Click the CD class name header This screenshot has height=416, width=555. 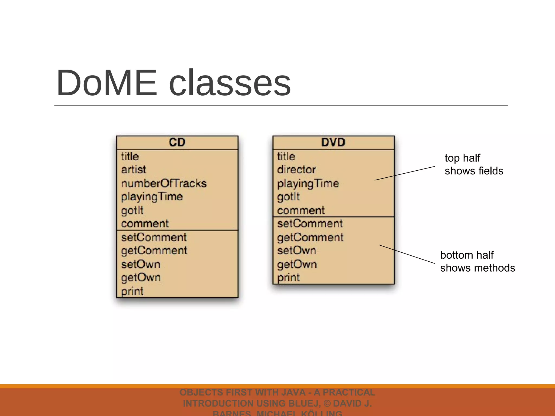(x=177, y=142)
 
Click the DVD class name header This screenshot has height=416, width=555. (x=333, y=142)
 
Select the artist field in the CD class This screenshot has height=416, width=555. (x=133, y=170)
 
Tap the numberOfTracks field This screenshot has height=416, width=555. (x=164, y=184)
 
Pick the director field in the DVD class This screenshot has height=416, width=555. (x=296, y=170)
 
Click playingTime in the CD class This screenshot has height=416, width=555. (x=152, y=197)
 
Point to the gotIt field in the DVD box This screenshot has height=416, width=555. (x=289, y=197)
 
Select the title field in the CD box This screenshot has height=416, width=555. (x=130, y=157)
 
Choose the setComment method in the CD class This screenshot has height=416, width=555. (x=154, y=238)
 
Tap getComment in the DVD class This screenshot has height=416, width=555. (x=310, y=238)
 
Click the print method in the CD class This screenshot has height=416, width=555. (x=132, y=291)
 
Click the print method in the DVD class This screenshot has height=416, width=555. (x=289, y=278)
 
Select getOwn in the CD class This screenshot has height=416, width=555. (x=141, y=278)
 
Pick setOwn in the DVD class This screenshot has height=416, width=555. (x=297, y=251)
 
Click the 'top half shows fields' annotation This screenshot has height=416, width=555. (x=474, y=164)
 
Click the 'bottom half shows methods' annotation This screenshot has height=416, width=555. (x=477, y=261)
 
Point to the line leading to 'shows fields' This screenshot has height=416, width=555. (x=405, y=173)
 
